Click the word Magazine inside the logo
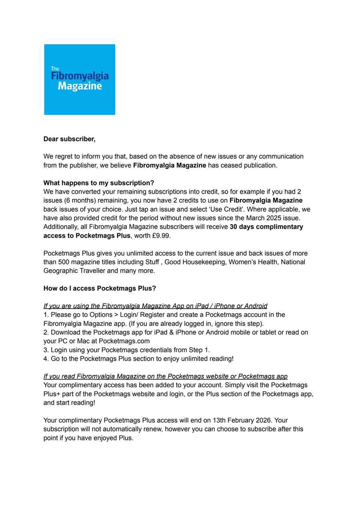(x=80, y=86)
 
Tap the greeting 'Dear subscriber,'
(x=69, y=139)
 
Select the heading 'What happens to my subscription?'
(x=98, y=183)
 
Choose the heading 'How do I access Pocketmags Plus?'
(x=100, y=288)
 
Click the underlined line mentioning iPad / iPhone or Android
(x=155, y=306)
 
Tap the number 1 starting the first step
(x=45, y=315)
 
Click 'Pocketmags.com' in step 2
(x=124, y=341)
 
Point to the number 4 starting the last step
(x=45, y=359)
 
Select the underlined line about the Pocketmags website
(x=165, y=377)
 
